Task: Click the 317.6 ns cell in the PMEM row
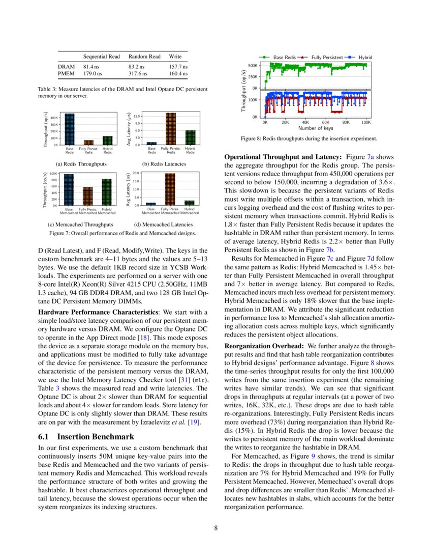[x=138, y=74]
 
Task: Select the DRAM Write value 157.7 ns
[x=178, y=67]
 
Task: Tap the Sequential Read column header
[x=101, y=57]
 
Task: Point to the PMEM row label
[x=66, y=74]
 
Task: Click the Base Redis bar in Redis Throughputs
[x=69, y=129]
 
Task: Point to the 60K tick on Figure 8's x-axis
[x=326, y=123]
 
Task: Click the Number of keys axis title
[x=315, y=128]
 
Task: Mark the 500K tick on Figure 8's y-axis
[x=253, y=66]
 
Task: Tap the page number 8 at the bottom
[x=216, y=527]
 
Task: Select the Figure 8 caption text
[x=308, y=138]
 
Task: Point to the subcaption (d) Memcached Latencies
[x=164, y=224]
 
